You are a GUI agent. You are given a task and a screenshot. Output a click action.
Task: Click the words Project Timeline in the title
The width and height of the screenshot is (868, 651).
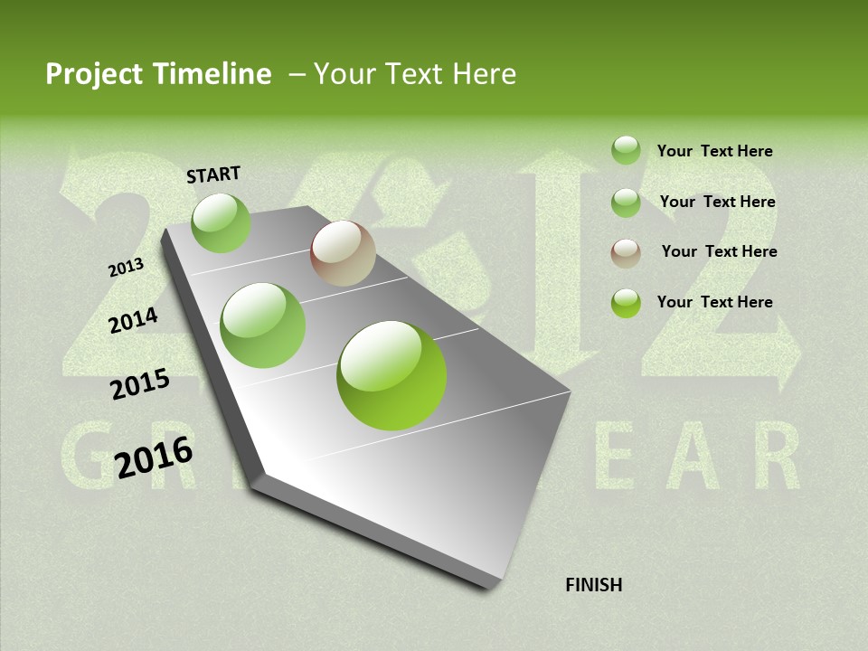pyautogui.click(x=158, y=74)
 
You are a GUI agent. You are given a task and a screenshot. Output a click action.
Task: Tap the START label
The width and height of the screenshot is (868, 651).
pyautogui.click(x=213, y=175)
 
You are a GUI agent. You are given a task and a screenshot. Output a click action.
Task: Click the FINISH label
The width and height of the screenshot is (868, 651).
pyautogui.click(x=593, y=585)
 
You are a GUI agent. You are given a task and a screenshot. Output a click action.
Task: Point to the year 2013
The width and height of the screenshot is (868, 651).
pyautogui.click(x=126, y=268)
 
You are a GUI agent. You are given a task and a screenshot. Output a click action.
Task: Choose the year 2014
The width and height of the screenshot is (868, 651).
pyautogui.click(x=133, y=320)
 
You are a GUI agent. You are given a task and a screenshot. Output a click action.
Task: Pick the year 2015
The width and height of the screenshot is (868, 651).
pyautogui.click(x=139, y=384)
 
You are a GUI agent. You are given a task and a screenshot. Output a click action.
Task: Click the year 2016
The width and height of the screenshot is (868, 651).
pyautogui.click(x=154, y=457)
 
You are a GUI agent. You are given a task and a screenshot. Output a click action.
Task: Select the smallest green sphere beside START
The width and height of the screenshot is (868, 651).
pyautogui.click(x=221, y=222)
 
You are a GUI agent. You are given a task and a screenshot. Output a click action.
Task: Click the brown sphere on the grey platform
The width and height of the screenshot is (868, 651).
pyautogui.click(x=343, y=253)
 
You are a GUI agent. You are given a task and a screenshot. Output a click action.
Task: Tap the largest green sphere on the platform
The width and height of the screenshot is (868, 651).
pyautogui.click(x=392, y=375)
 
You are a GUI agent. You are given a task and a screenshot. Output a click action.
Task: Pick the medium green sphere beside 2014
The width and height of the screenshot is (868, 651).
pyautogui.click(x=263, y=325)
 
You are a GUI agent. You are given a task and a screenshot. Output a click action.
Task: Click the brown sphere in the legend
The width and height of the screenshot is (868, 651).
pyautogui.click(x=626, y=253)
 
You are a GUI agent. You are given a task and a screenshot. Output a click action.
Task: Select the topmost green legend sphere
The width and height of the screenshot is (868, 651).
pyautogui.click(x=626, y=150)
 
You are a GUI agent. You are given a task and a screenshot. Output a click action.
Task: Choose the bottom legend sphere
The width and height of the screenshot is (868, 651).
pyautogui.click(x=626, y=303)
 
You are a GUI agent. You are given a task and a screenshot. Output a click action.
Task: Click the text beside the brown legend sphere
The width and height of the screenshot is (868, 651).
pyautogui.click(x=719, y=251)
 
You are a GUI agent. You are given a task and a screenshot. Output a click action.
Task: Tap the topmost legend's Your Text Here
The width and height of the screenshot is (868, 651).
pyautogui.click(x=714, y=151)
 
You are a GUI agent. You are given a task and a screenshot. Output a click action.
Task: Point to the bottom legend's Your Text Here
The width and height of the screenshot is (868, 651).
pyautogui.click(x=714, y=302)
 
